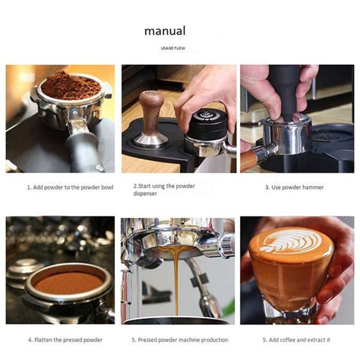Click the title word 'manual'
(x=165, y=31)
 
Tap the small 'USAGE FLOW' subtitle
(x=173, y=48)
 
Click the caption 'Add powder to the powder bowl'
(x=70, y=187)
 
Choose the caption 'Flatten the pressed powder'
(x=65, y=340)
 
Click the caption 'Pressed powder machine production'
(x=180, y=340)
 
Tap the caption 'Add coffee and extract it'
(x=296, y=340)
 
